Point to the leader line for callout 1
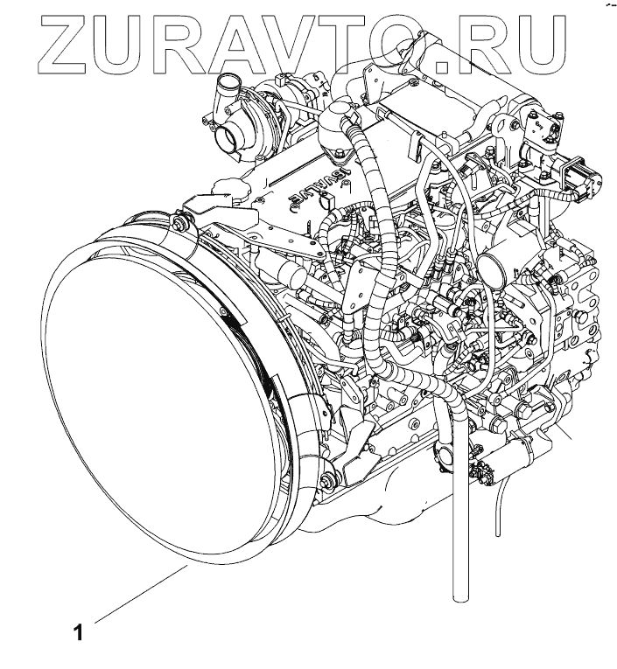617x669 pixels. coord(140,595)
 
